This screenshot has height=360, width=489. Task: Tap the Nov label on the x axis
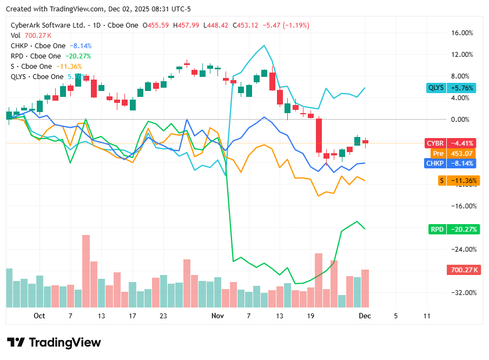(x=217, y=315)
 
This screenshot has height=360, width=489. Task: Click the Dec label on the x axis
(x=365, y=315)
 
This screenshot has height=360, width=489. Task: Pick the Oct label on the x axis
(x=39, y=315)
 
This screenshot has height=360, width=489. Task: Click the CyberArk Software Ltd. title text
(x=48, y=25)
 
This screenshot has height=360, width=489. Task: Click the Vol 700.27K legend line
(x=30, y=36)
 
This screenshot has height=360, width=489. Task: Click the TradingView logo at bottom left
(x=54, y=343)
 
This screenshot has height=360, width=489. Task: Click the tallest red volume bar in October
(x=85, y=271)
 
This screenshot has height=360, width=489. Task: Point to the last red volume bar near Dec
(x=365, y=288)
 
